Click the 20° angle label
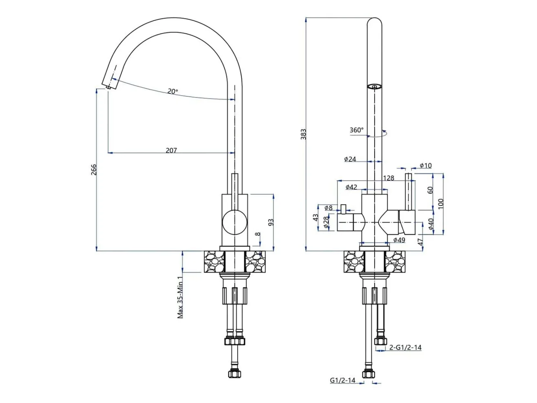pos(172,91)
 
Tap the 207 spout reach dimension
pos(171,150)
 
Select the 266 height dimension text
pos(94,170)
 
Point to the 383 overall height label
pos(303,134)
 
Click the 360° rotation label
pos(356,130)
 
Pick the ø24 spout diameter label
pos(350,159)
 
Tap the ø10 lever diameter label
pos(426,165)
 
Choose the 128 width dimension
pos(389,178)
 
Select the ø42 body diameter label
pos(351,187)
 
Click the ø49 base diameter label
pos(399,240)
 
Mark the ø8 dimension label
pos(329,208)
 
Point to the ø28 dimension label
pos(326,222)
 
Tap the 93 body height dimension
pos(271,222)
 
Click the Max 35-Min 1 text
pos(180,297)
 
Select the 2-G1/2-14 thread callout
pos(405,347)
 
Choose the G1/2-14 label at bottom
pos(343,380)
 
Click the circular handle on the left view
pos(234,222)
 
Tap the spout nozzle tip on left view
pos(108,87)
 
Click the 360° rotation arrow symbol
pos(377,134)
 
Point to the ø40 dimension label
pos(431,224)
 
